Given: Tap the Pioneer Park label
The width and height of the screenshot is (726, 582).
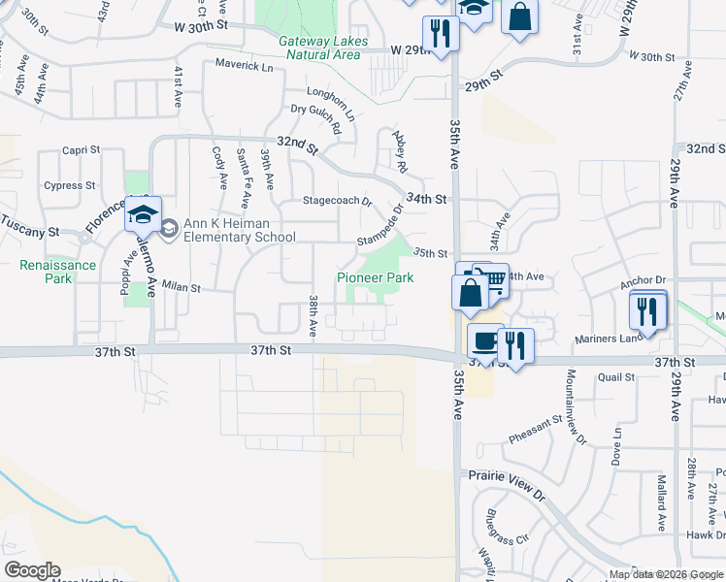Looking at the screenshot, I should click(x=375, y=277).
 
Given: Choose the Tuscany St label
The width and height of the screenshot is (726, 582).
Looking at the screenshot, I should click(x=35, y=233).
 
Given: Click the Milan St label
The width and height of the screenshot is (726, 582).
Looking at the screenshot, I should click(x=181, y=287).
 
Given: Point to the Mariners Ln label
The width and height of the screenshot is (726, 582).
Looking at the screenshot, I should click(x=601, y=339).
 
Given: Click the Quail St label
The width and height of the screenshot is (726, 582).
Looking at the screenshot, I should click(x=615, y=377).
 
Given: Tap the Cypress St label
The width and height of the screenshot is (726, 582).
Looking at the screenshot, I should click(x=70, y=185).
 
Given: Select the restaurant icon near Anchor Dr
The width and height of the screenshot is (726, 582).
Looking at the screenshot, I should click(x=647, y=310).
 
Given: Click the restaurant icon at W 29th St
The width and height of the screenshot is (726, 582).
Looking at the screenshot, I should click(x=441, y=33).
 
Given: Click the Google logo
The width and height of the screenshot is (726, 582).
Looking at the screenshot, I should click(x=32, y=570).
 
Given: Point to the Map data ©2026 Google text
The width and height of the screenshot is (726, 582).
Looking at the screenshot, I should click(x=666, y=574).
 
